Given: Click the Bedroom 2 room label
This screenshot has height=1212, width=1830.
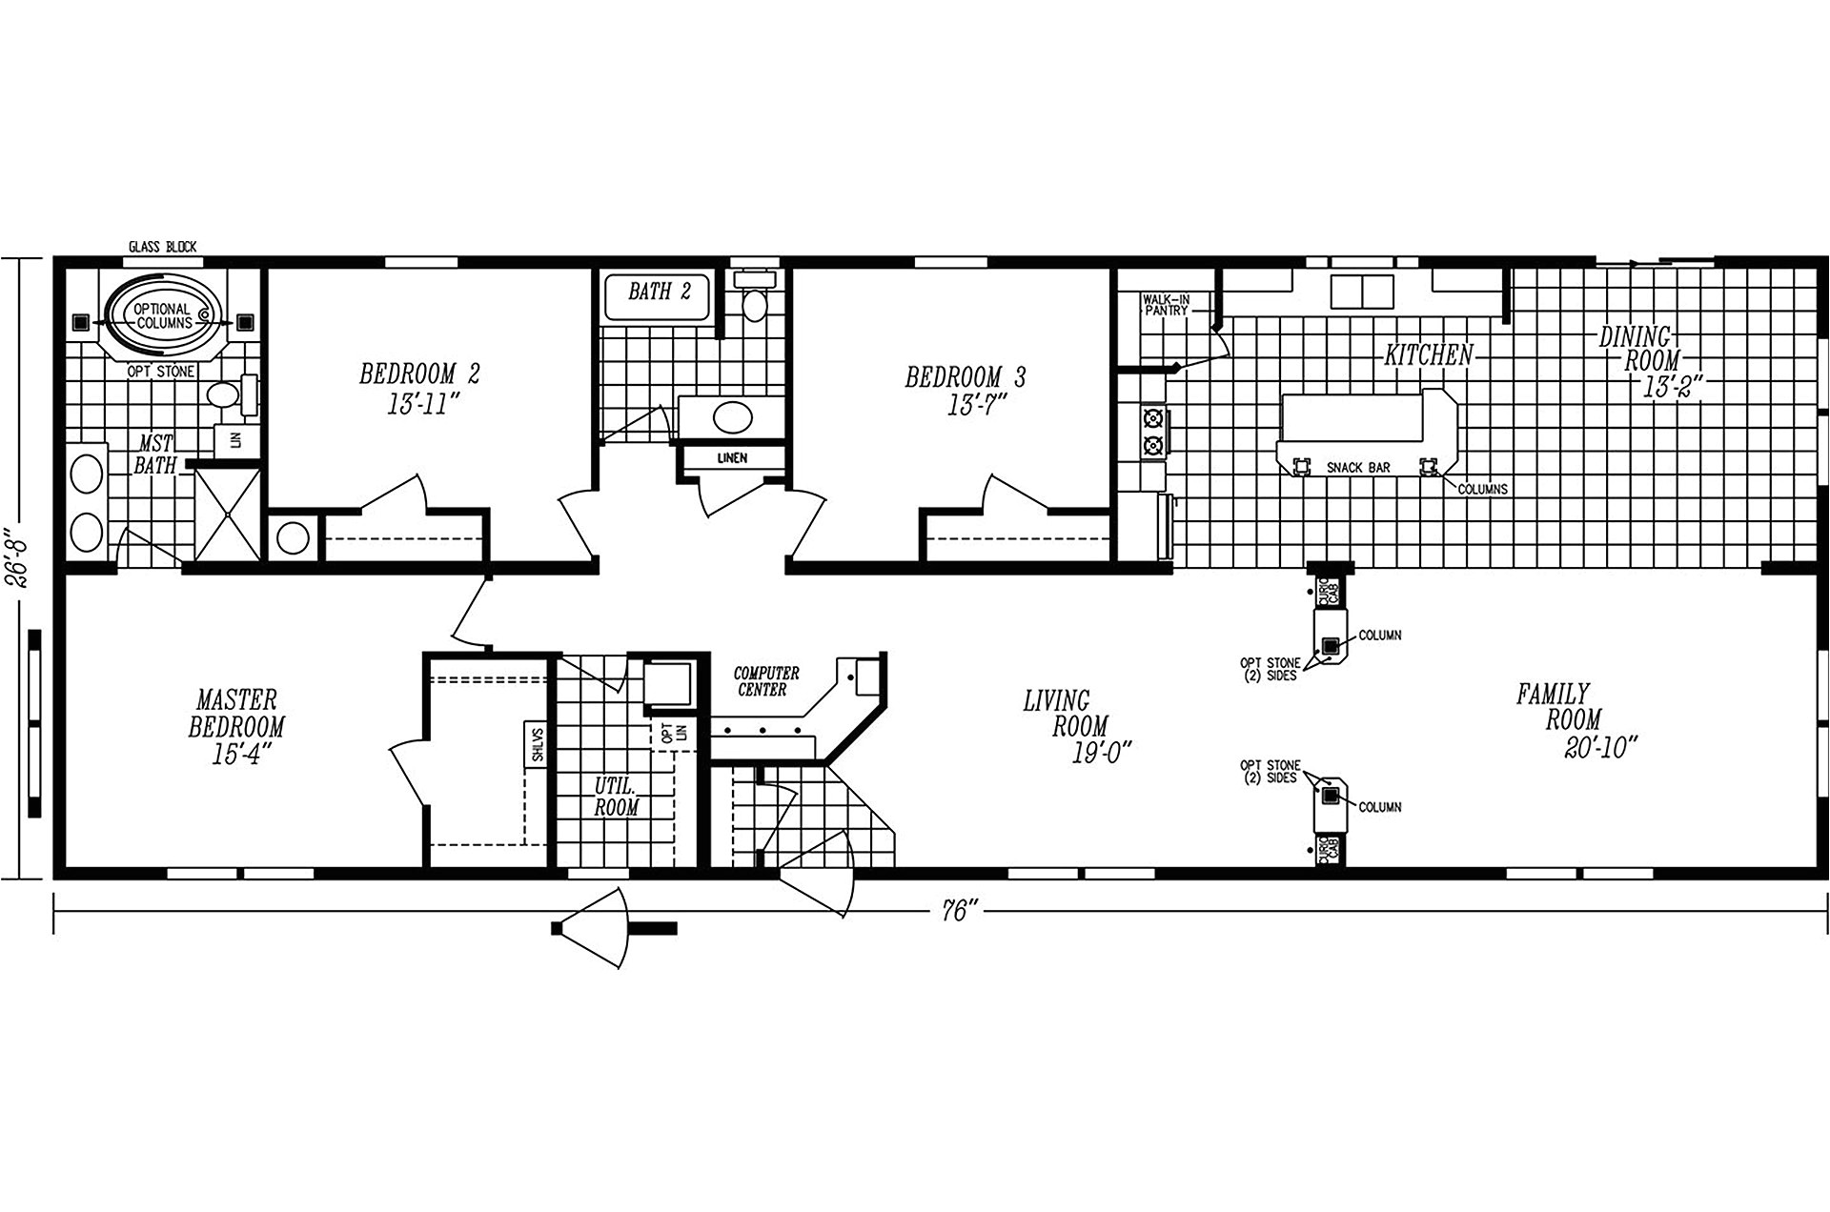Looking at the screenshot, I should [419, 374].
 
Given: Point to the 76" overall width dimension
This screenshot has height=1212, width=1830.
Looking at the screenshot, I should [960, 912].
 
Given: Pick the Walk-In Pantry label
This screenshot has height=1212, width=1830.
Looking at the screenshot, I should [1166, 305].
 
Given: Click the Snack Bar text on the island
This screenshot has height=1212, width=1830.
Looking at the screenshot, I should [1358, 469].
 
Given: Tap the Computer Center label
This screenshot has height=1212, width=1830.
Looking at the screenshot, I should [765, 681].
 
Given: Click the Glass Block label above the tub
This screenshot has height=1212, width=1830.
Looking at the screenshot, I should [162, 247].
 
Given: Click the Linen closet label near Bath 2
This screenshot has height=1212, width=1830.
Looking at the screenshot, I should [732, 458].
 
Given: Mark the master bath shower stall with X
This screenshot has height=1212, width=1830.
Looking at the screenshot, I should [227, 515].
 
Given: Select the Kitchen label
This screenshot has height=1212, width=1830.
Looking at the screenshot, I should [1428, 355].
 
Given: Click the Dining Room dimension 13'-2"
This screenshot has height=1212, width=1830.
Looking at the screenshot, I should [1672, 388].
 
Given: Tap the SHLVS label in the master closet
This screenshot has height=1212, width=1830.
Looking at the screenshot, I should [537, 743].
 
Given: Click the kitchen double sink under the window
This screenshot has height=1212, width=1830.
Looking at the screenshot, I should [1362, 291].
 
